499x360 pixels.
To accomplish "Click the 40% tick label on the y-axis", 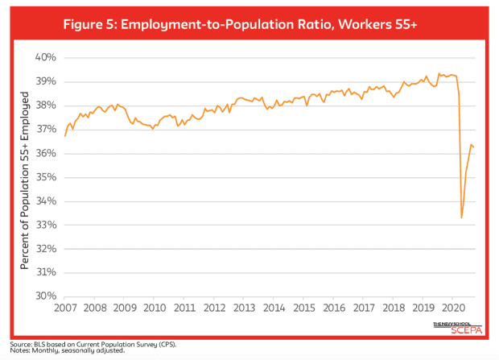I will pos(45,58).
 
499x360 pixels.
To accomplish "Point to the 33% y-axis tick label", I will pos(45,225).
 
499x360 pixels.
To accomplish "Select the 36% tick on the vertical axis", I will pos(45,153).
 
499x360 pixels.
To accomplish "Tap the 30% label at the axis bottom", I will pos(45,296).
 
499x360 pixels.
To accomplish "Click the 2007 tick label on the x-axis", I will pos(65,308).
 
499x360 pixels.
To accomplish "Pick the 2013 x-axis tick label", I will pos(245,308).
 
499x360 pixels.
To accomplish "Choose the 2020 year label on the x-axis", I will pos(454,308).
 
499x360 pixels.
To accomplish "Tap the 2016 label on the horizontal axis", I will pos(334,308).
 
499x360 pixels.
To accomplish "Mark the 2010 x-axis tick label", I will pos(155,308).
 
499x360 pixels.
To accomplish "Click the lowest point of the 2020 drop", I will pos(461,217).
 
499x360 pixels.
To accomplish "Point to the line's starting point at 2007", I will pos(65,136).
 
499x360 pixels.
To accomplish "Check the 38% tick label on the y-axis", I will pos(45,106).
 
